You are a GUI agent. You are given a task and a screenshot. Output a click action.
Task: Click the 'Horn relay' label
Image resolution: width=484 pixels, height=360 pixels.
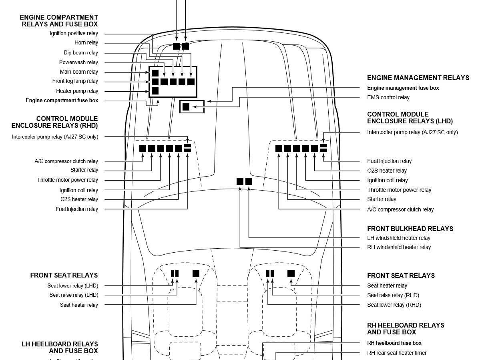pos(86,43)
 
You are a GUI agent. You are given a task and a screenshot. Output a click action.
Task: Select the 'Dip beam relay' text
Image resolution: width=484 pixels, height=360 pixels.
pos(80,53)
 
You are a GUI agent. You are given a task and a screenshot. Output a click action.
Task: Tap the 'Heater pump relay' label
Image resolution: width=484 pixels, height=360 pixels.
pos(77,91)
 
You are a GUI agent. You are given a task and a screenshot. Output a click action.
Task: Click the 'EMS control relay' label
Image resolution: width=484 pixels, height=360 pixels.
pos(388,97)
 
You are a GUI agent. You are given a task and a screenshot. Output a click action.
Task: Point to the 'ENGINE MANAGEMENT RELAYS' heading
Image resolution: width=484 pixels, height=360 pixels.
pos(418,78)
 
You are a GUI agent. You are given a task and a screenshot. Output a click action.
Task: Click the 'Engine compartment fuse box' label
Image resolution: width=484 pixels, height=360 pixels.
pos(62,101)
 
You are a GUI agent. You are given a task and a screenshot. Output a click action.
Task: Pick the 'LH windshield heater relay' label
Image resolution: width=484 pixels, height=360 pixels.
pos(399,238)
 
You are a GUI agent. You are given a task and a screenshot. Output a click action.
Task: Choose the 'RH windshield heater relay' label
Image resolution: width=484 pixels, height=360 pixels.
pos(399,247)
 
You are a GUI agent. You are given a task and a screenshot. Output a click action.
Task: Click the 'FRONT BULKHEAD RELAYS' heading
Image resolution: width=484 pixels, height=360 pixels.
pos(410,229)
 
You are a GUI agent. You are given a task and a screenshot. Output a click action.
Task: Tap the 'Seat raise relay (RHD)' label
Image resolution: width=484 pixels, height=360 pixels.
pos(393,295)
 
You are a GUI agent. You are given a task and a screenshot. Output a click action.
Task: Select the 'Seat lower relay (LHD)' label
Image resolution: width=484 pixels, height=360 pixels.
pos(72,286)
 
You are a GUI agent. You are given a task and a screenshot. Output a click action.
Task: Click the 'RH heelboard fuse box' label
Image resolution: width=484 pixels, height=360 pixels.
pos(394,343)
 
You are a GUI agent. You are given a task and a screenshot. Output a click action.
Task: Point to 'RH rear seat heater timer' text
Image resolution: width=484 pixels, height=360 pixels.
pos(397,353)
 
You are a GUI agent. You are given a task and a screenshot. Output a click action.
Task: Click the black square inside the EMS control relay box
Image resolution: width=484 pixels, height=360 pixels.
pos(186,107)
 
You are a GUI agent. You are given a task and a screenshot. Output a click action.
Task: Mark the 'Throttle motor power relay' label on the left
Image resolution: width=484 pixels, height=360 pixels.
pos(68,180)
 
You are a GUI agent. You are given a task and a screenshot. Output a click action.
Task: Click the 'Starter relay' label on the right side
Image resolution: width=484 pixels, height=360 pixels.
pos(382,199)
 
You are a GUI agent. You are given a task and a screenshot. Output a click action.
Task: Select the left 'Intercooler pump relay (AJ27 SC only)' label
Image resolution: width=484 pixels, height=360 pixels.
pos(55,137)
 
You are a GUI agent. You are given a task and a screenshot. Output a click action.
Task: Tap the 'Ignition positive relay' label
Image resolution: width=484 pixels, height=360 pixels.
pos(74,34)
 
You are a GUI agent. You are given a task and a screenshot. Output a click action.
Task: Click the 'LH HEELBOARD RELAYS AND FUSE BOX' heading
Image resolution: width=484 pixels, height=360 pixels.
pos(60,347)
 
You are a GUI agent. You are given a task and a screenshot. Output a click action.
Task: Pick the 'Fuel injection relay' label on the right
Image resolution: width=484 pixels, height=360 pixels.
pos(389,161)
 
